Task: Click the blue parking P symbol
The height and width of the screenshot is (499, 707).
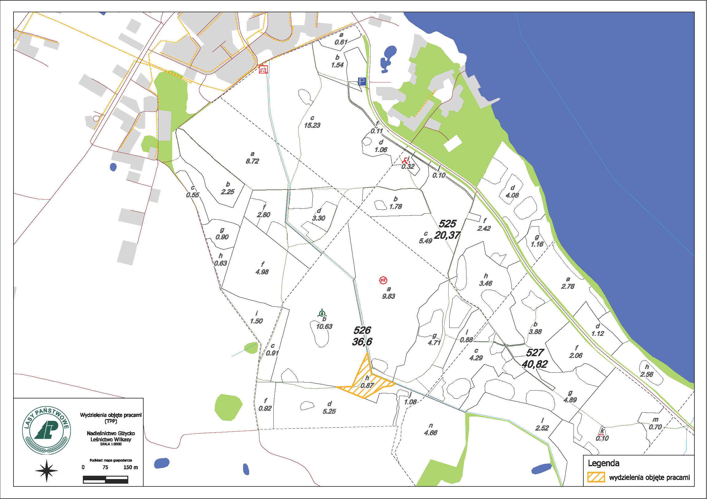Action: click(362, 82)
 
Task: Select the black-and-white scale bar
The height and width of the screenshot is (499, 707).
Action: click(105, 479)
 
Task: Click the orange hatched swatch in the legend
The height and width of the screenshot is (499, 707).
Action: click(596, 477)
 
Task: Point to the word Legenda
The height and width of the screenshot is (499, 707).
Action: click(603, 463)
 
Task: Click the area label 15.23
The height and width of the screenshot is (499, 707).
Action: click(312, 126)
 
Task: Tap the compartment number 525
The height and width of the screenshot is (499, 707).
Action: click(447, 224)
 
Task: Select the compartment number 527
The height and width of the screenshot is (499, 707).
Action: click(535, 352)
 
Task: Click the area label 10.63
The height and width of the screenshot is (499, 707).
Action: click(324, 326)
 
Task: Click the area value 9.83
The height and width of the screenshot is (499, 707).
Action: click(388, 296)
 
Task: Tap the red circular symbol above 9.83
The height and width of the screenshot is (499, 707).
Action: click(383, 280)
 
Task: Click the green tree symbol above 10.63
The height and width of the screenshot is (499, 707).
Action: click(322, 313)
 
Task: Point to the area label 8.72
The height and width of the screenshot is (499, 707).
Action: click(252, 161)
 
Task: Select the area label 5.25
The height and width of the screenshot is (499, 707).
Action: click(329, 411)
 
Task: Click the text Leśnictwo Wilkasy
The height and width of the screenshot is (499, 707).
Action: click(111, 439)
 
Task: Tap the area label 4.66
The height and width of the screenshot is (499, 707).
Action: click(431, 433)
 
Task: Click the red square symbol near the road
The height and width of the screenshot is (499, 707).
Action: click(263, 70)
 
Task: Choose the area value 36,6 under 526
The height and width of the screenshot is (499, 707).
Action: click(362, 341)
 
